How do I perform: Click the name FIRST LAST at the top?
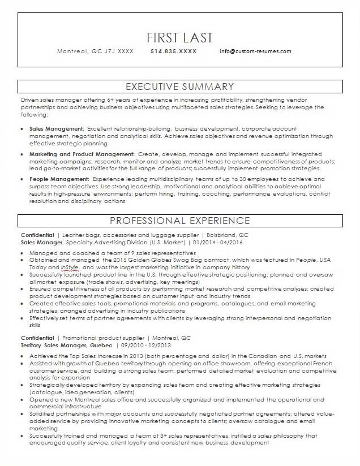pyautogui.click(x=179, y=37)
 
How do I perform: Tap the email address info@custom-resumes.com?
pyautogui.click(x=255, y=51)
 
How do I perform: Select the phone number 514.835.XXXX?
pyautogui.click(x=174, y=51)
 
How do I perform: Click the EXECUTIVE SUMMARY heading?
pyautogui.click(x=179, y=87)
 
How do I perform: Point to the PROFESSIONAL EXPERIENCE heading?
pyautogui.click(x=179, y=220)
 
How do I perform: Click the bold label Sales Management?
pyautogui.click(x=57, y=129)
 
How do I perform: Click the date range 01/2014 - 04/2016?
pyautogui.click(x=217, y=241)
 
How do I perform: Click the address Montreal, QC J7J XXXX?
pyautogui.click(x=95, y=51)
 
